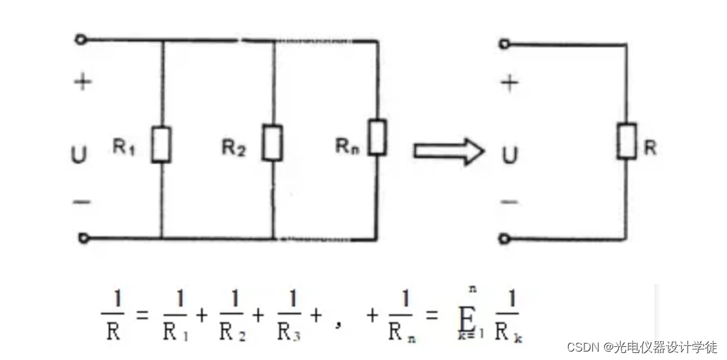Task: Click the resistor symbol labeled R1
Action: tap(161, 145)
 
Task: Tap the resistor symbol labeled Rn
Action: tap(377, 137)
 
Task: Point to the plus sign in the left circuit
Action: tap(82, 83)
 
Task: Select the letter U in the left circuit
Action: tap(80, 156)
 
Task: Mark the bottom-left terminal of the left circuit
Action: tap(83, 238)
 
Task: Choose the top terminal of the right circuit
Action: tap(504, 44)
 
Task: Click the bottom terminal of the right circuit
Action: tap(504, 239)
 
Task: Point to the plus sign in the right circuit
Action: tap(511, 83)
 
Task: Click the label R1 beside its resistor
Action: tap(124, 147)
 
